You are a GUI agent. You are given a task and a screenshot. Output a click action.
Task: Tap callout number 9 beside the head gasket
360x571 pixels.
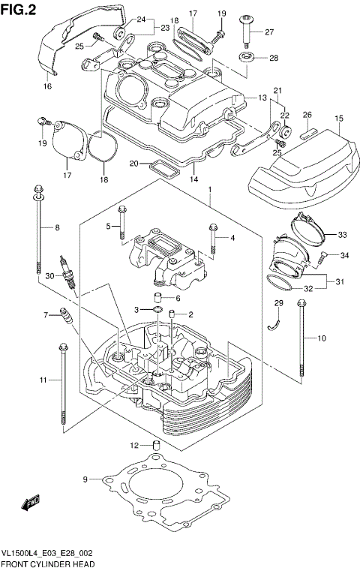(x=85, y=479)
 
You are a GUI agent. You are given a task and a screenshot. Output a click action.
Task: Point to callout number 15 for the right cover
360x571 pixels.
(x=338, y=118)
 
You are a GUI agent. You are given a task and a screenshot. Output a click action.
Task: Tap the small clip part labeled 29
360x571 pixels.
(x=275, y=323)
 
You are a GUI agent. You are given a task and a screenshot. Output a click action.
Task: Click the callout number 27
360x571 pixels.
(x=268, y=32)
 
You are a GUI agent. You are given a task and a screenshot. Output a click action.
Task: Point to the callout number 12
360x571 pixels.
(x=135, y=445)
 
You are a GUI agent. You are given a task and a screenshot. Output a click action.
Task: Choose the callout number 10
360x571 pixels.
(x=321, y=338)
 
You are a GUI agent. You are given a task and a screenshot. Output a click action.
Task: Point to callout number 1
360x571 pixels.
(x=211, y=188)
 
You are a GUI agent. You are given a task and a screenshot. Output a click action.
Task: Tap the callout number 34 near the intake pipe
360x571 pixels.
(x=344, y=256)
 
